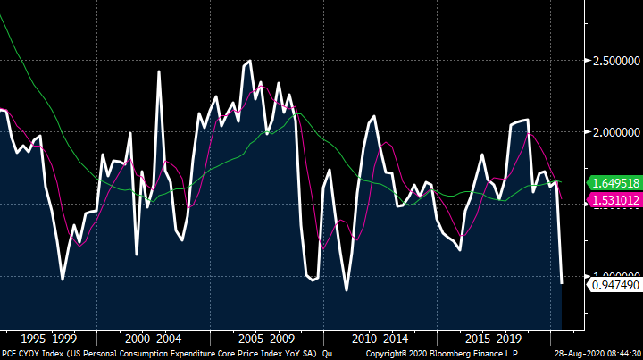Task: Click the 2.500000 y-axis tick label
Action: point(614,61)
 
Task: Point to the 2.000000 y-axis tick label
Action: point(614,132)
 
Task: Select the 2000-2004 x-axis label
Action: point(154,339)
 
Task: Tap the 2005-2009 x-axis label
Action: point(266,339)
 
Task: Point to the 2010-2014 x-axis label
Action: point(380,339)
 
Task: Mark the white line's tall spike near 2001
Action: point(159,71)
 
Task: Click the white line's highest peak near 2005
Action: point(248,61)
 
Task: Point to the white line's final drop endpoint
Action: point(562,283)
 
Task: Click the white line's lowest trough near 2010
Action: point(347,289)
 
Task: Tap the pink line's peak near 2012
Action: point(386,142)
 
